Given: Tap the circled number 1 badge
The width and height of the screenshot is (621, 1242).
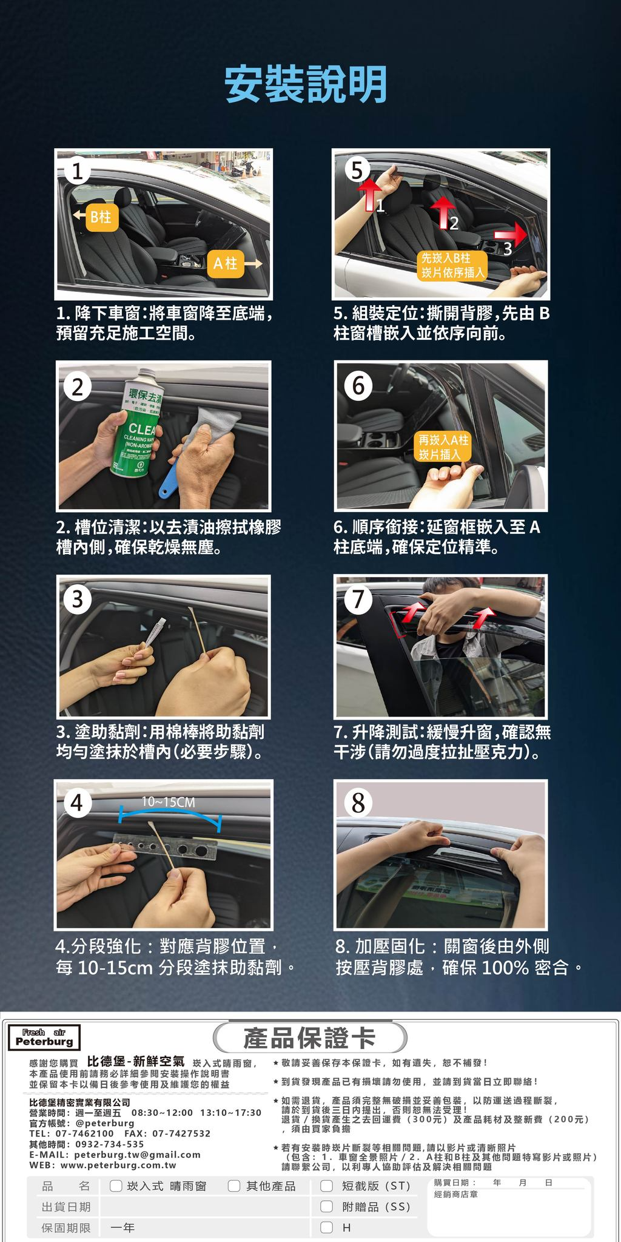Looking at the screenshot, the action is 77,172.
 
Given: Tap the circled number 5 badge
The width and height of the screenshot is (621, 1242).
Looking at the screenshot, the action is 357,169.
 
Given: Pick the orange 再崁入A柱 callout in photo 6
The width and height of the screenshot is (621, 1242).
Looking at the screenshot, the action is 443,447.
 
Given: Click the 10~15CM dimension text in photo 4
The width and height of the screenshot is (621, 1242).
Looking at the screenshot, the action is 168,802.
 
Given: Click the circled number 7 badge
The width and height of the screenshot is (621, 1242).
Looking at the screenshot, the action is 358,599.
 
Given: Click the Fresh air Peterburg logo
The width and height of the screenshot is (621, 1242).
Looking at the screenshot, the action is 44,1038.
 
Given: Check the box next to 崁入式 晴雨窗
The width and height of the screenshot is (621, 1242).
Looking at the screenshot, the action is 116,1186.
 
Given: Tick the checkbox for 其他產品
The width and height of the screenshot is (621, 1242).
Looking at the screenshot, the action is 234,1186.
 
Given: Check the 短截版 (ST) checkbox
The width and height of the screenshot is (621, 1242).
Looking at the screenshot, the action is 327,1186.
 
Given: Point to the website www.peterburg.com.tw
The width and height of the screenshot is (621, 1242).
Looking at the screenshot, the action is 119,1165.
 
